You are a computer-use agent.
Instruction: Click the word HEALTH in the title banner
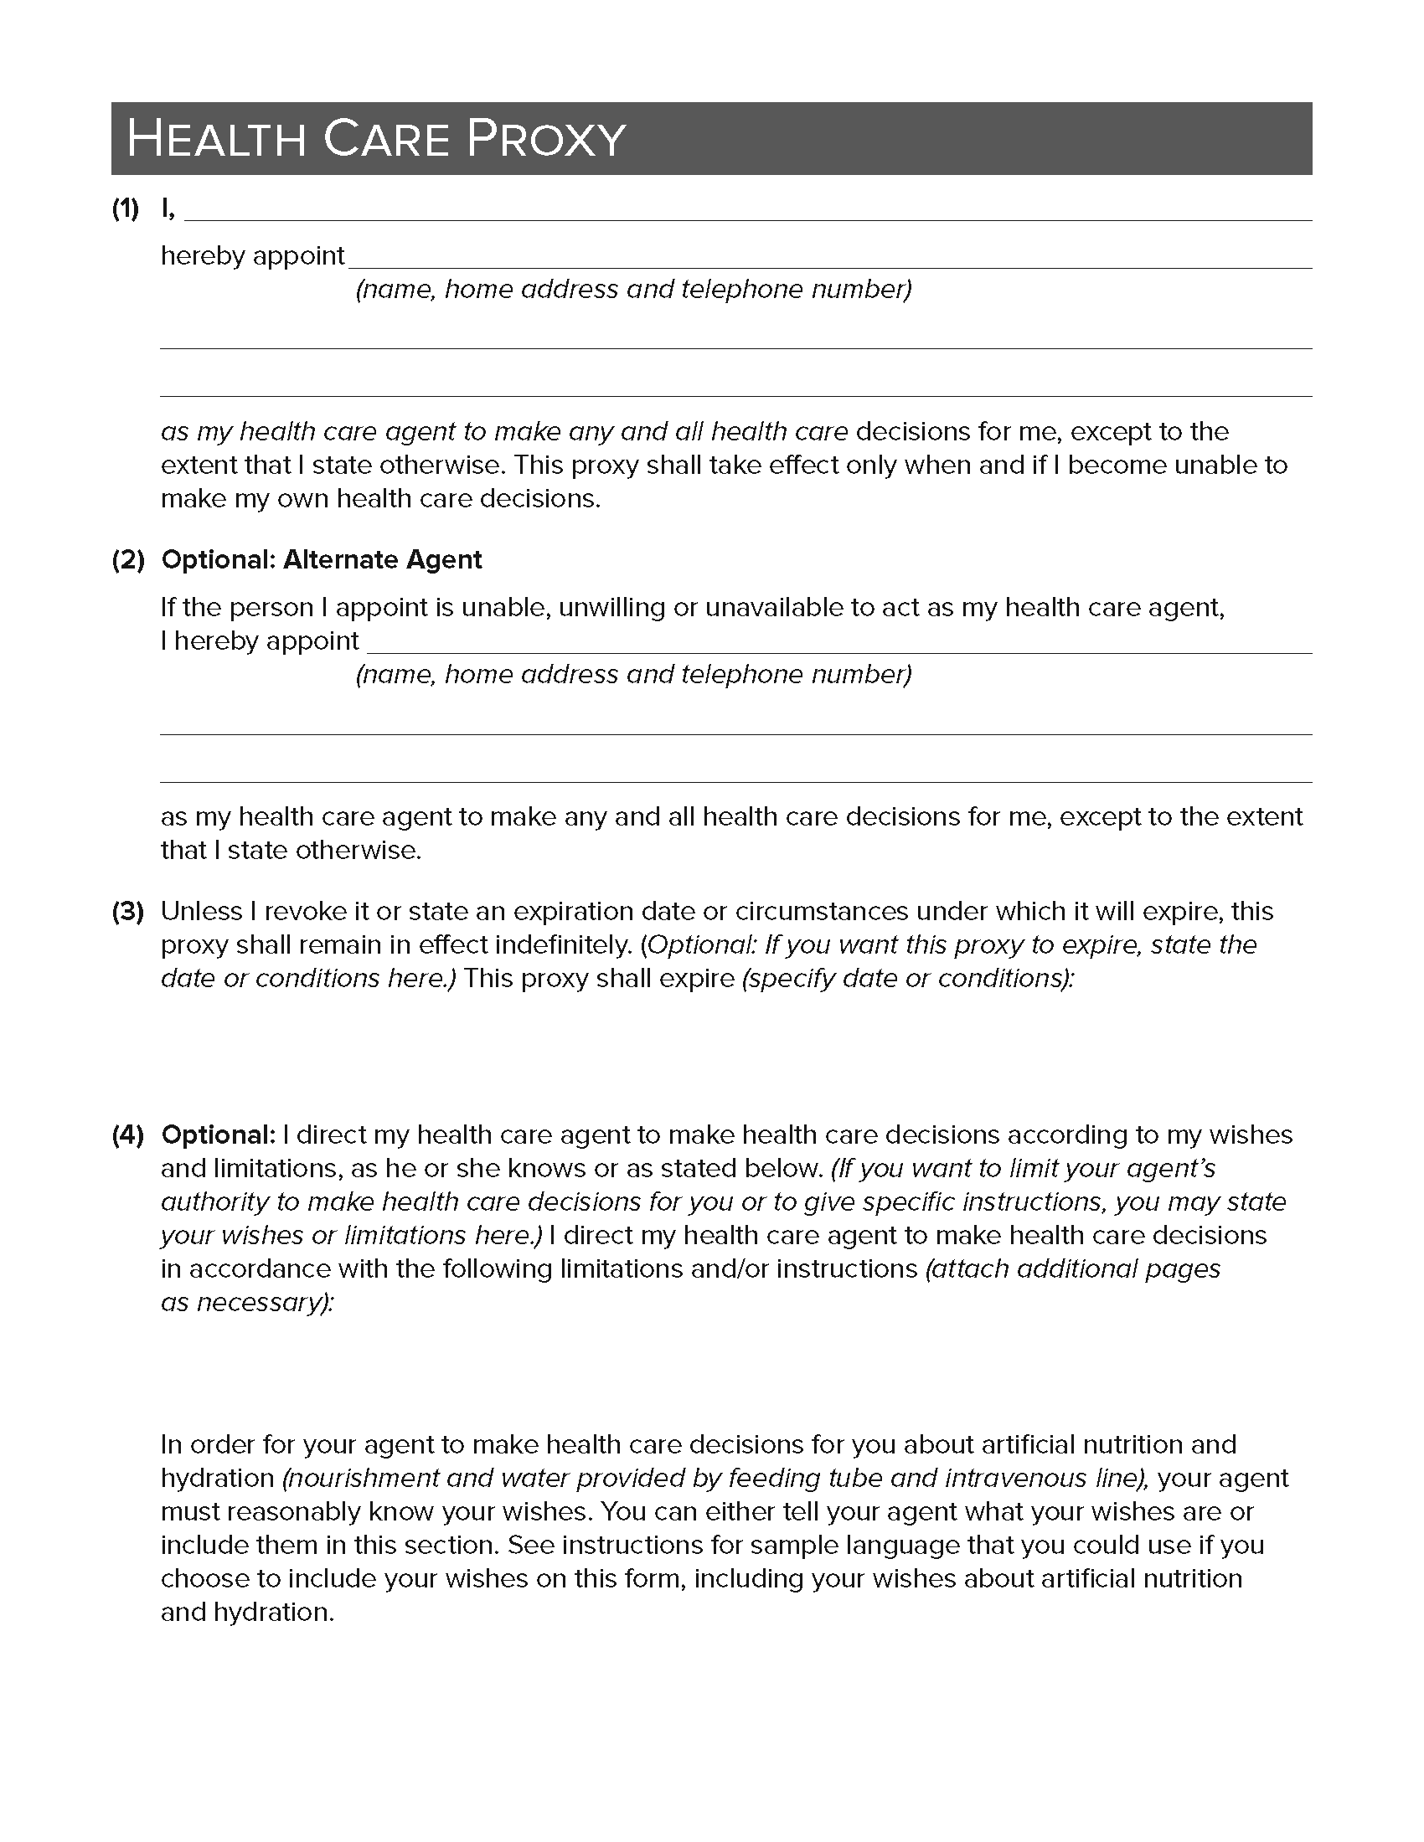(216, 139)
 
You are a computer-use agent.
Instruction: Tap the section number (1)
(126, 209)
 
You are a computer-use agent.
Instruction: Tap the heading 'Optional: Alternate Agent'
(322, 560)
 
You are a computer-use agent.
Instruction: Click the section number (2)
(127, 560)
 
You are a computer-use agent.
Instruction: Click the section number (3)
(127, 912)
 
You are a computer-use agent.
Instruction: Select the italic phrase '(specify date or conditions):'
(908, 978)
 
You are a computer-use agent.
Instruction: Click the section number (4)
(127, 1135)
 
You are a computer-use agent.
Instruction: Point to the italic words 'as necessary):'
(247, 1303)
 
